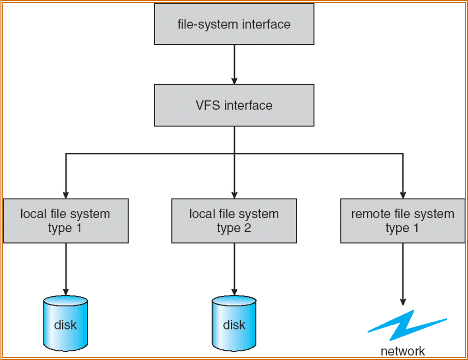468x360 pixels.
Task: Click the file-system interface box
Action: pos(234,24)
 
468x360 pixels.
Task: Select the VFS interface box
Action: pos(234,105)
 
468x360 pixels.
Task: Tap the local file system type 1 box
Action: pos(66,221)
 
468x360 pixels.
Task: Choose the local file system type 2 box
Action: pos(234,221)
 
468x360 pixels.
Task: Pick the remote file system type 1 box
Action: pos(402,221)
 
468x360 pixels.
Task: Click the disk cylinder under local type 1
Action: pos(66,324)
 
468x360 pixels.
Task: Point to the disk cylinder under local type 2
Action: pos(234,324)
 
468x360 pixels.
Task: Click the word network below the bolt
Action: pos(402,351)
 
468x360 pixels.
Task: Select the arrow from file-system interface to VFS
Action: pos(234,65)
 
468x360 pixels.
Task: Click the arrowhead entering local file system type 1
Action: pos(66,194)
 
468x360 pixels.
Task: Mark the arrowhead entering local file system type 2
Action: pos(234,194)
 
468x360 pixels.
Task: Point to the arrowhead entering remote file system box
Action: pos(402,194)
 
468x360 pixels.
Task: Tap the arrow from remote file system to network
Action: pos(402,275)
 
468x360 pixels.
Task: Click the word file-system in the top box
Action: pos(206,24)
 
